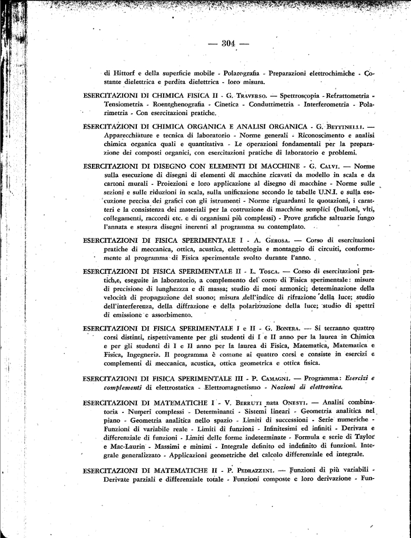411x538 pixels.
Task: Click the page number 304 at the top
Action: coord(228,43)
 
